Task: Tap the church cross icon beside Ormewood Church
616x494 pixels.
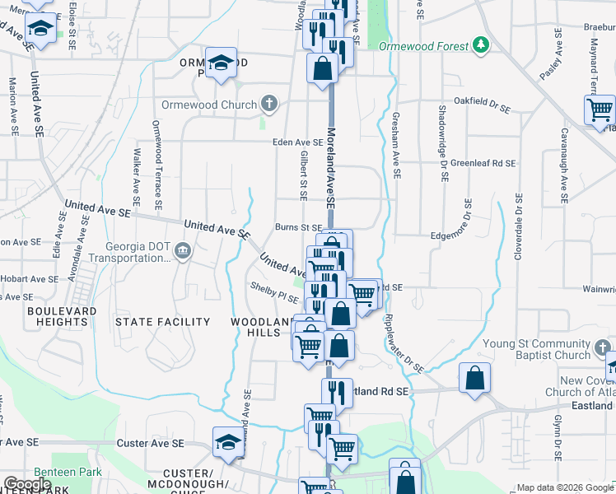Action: pos(268,105)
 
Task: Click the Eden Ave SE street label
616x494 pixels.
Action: pos(298,142)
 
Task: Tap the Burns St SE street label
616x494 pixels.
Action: pos(298,227)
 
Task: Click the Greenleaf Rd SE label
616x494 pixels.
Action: pos(483,164)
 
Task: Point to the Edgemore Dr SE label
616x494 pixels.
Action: pos(459,235)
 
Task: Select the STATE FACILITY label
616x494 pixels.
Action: pos(162,321)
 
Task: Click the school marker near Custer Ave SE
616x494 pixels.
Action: pos(228,442)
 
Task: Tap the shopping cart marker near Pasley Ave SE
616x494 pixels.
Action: pos(600,109)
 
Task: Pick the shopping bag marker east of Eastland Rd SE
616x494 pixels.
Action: pos(474,379)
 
